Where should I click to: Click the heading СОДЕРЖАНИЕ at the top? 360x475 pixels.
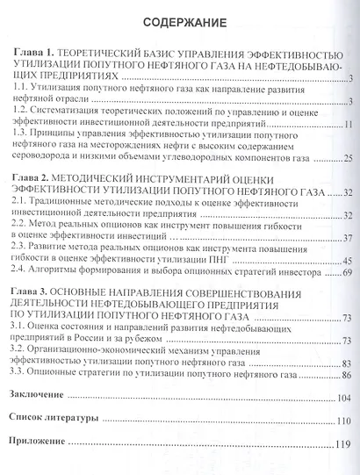(179, 19)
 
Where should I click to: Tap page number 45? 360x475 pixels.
(346, 262)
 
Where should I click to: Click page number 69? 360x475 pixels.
(346, 274)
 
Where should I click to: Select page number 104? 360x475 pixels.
(343, 398)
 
